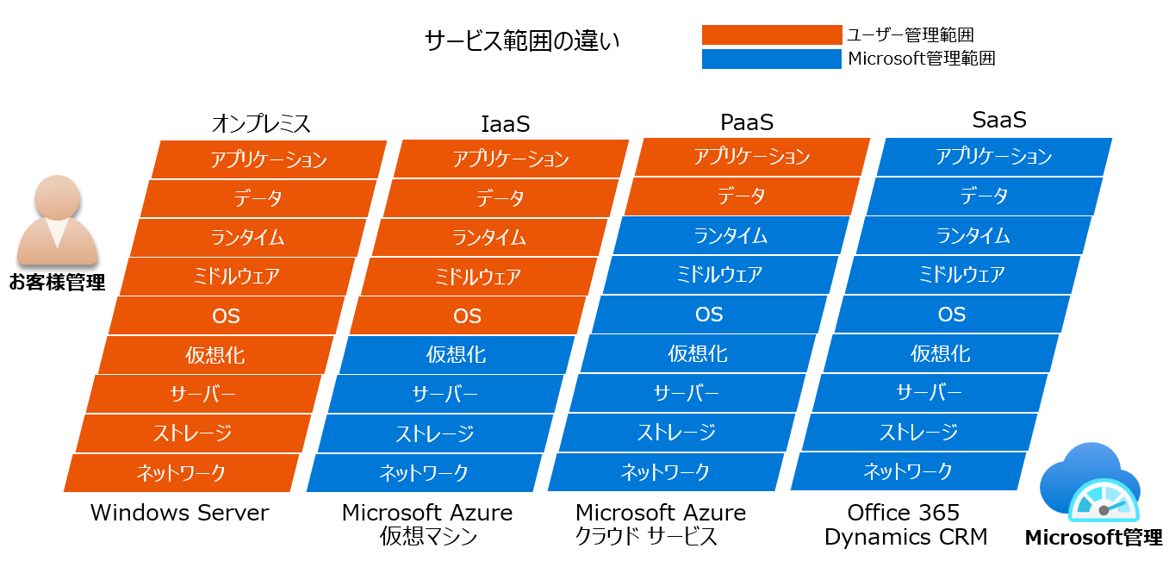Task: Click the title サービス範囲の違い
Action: coord(522,41)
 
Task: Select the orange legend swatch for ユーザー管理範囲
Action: coord(772,34)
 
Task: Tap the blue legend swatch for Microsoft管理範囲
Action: coord(772,59)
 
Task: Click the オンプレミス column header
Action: coord(261,124)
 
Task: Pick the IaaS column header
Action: coord(505,124)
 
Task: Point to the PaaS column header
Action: coord(747,122)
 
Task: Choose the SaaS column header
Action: coord(999,120)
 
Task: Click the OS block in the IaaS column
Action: coord(468,315)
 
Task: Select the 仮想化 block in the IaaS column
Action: coord(457,355)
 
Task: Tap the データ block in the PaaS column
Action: coord(742,196)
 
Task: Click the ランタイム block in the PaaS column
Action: coord(731,236)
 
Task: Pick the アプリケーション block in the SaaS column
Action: coord(994,157)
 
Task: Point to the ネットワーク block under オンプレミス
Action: coord(181,473)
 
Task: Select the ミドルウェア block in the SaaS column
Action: coord(961,275)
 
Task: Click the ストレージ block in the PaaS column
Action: coord(677,433)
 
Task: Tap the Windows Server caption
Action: coord(179,513)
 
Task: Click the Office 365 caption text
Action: coord(904,513)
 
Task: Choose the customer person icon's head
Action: coord(58,198)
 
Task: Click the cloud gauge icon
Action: coord(1091,483)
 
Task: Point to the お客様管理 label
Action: coord(58,283)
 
